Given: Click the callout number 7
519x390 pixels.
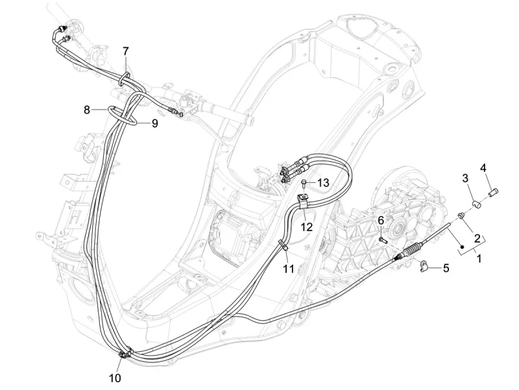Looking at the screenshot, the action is [x=125, y=52].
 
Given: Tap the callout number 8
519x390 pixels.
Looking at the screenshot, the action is [x=87, y=109].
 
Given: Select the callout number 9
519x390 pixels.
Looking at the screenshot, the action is [x=154, y=124].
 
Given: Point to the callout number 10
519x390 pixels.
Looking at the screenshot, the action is [x=115, y=378].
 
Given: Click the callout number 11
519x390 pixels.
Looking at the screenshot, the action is [x=289, y=269].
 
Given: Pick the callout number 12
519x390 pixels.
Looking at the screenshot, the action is [x=306, y=227].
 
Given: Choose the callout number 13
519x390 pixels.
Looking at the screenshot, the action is [x=323, y=182].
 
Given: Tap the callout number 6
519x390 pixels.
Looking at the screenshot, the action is [x=381, y=220].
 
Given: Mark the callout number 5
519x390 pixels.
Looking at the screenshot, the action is [x=446, y=268].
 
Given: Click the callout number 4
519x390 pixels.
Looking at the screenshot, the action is [x=483, y=168].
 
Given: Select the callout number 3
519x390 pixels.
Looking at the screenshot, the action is [x=465, y=178].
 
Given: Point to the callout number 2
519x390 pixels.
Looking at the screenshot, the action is [x=477, y=238].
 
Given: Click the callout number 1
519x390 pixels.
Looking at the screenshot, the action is [x=479, y=258].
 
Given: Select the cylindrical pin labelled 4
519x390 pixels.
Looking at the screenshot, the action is [x=493, y=191].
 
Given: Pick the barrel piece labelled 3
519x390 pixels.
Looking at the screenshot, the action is [x=477, y=204].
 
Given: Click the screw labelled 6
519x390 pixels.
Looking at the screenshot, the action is [x=383, y=240].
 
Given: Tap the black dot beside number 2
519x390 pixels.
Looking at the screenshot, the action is [x=463, y=247].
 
